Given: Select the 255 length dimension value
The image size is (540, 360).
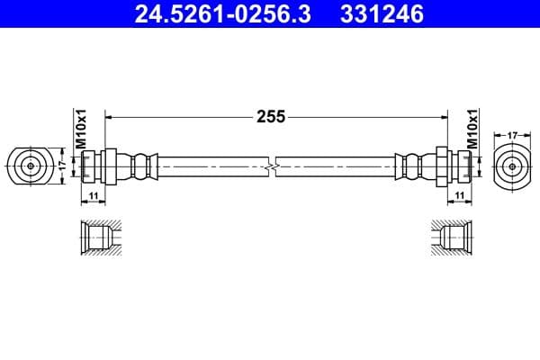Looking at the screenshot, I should pyautogui.click(x=270, y=116).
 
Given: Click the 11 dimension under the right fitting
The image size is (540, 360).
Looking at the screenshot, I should pyautogui.click(x=459, y=194).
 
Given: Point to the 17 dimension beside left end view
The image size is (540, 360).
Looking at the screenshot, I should pyautogui.click(x=62, y=166).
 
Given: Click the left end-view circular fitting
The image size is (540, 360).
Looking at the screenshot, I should pyautogui.click(x=31, y=166).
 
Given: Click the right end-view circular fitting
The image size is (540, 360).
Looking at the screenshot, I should pyautogui.click(x=511, y=166).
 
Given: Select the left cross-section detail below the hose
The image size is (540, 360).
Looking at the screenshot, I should pyautogui.click(x=96, y=238).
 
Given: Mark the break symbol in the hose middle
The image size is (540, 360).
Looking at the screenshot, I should pyautogui.click(x=271, y=166).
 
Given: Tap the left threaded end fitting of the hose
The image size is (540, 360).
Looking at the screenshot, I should pyautogui.click(x=94, y=166).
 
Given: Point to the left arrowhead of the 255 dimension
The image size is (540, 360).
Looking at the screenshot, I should pyautogui.click(x=111, y=116).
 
